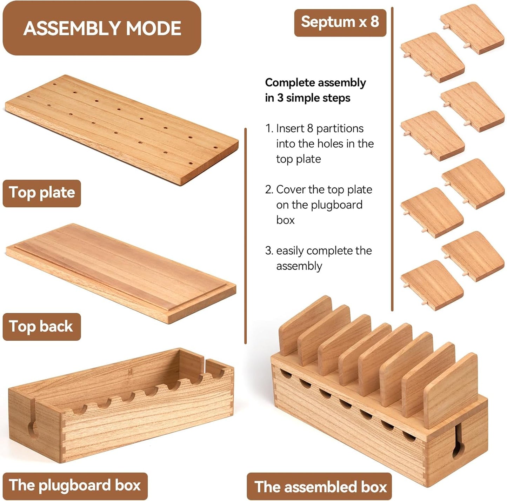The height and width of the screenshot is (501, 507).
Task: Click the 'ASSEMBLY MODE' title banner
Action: (102, 28)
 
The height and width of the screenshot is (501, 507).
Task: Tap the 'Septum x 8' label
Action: (340, 22)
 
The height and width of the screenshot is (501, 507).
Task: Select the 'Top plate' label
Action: (42, 193)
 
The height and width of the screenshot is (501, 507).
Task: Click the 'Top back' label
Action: (42, 327)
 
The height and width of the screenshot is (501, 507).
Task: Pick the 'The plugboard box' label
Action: (75, 486)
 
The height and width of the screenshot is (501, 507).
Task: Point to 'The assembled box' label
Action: (319, 487)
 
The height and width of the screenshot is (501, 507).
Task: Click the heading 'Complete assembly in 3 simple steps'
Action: (315, 90)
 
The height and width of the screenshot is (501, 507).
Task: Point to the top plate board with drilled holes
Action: (122, 130)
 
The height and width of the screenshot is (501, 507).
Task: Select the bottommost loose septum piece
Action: (432, 286)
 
